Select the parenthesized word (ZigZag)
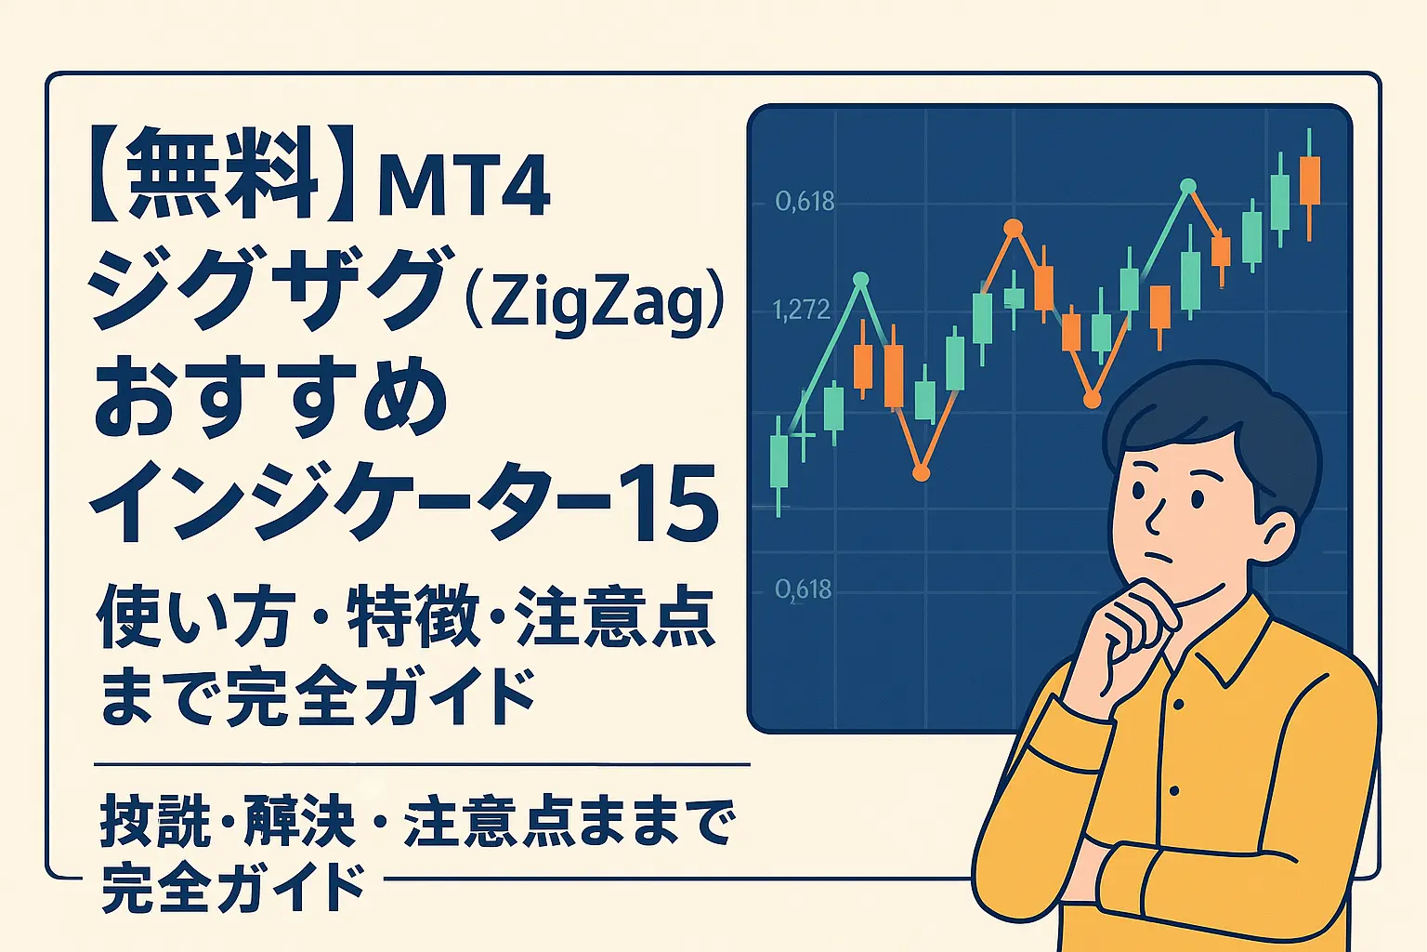(x=594, y=299)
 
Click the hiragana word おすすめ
(x=269, y=400)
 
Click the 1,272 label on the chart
(x=802, y=310)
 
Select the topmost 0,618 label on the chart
(x=805, y=201)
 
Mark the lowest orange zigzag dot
(x=921, y=473)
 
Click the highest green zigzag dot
(x=1187, y=186)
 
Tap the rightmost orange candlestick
(x=1310, y=181)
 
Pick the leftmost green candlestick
(x=779, y=460)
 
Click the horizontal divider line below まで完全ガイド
(x=422, y=765)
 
